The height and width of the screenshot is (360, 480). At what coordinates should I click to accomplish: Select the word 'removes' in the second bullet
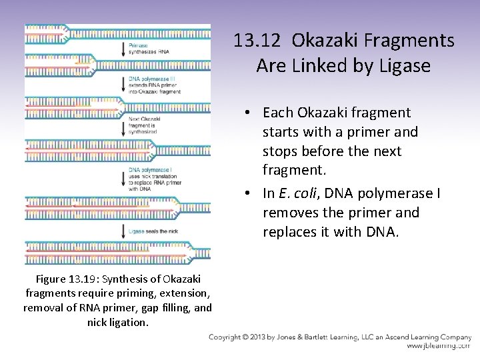[289, 213]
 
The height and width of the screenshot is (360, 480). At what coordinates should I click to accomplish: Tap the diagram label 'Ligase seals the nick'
[157, 231]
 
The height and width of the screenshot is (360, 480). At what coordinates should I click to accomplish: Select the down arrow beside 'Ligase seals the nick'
[122, 231]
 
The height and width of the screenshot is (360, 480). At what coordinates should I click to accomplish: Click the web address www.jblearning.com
[438, 347]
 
